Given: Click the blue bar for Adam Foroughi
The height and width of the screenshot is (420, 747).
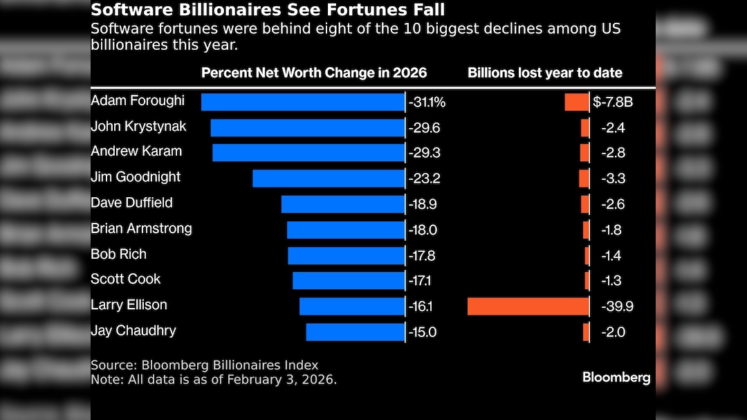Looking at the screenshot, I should pyautogui.click(x=302, y=102).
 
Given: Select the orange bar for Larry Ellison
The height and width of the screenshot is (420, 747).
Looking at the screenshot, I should pyautogui.click(x=528, y=306).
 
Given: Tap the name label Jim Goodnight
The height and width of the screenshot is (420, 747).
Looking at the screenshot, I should pyautogui.click(x=136, y=177).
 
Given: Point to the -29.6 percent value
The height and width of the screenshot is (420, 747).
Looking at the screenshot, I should pyautogui.click(x=425, y=128).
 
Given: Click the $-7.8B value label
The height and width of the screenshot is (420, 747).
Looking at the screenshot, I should pyautogui.click(x=613, y=102).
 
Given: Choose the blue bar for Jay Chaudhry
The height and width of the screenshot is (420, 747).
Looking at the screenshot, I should pyautogui.click(x=355, y=332).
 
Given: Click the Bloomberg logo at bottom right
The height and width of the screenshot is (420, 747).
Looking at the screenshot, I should pyautogui.click(x=616, y=377).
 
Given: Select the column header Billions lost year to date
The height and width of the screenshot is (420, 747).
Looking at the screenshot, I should pyautogui.click(x=545, y=73).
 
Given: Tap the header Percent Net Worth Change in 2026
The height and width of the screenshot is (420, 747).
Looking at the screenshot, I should pyautogui.click(x=314, y=73).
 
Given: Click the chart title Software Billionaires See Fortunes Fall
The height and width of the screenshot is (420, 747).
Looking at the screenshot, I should pyautogui.click(x=268, y=10).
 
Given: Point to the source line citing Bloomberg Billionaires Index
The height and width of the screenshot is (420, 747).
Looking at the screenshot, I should pyautogui.click(x=204, y=365).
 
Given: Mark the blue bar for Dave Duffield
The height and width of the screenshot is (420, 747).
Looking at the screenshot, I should pyautogui.click(x=342, y=204).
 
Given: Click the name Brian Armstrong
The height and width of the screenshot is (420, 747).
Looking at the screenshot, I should pyautogui.click(x=141, y=228).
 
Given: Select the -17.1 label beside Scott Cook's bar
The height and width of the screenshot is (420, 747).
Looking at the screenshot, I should pyautogui.click(x=423, y=280).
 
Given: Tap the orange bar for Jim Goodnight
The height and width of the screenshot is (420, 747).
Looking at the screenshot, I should pyautogui.click(x=584, y=179).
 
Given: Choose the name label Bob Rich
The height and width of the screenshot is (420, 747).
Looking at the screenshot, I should pyautogui.click(x=118, y=254).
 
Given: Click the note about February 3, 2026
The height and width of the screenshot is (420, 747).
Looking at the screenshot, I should pyautogui.click(x=214, y=380).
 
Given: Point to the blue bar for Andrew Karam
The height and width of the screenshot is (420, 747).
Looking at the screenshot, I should pyautogui.click(x=308, y=153).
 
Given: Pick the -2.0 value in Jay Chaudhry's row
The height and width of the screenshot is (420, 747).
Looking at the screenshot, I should pyautogui.click(x=613, y=332).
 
